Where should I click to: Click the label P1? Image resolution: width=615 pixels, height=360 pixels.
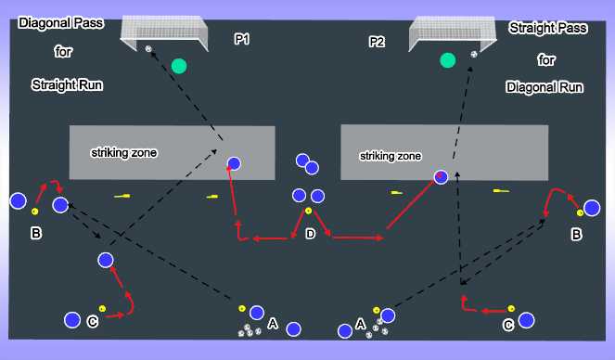pos(242,39)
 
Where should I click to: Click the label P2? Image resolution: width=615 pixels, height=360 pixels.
pos(377,42)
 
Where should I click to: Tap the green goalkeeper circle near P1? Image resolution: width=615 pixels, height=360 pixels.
pos(179,66)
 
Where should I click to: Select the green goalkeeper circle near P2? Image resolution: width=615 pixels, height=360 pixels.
pos(448,60)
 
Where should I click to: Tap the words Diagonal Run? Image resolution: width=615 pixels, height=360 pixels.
pos(545,87)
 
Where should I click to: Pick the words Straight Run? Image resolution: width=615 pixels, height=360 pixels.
pos(67,84)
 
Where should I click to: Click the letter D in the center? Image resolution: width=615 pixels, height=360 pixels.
pos(310,233)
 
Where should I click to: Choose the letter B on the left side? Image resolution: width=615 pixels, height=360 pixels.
pos(36,234)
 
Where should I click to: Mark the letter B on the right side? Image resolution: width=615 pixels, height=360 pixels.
pos(576,237)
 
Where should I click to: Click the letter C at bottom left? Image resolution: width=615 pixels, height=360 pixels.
pos(92,321)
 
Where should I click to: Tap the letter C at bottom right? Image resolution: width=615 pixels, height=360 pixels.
pos(507,325)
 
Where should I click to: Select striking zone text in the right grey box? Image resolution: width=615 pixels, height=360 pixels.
pos(391,157)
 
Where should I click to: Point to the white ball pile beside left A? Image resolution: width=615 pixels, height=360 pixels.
pos(248,329)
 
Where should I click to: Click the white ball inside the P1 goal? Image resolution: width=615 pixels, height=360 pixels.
pos(149,48)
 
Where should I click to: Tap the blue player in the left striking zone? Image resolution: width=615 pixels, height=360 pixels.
pos(234,163)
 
